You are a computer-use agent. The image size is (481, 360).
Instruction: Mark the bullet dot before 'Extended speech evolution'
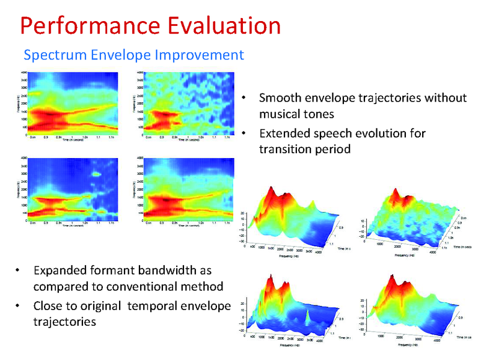(244, 133)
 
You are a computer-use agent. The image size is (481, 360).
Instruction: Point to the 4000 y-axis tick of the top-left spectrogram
(25, 72)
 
